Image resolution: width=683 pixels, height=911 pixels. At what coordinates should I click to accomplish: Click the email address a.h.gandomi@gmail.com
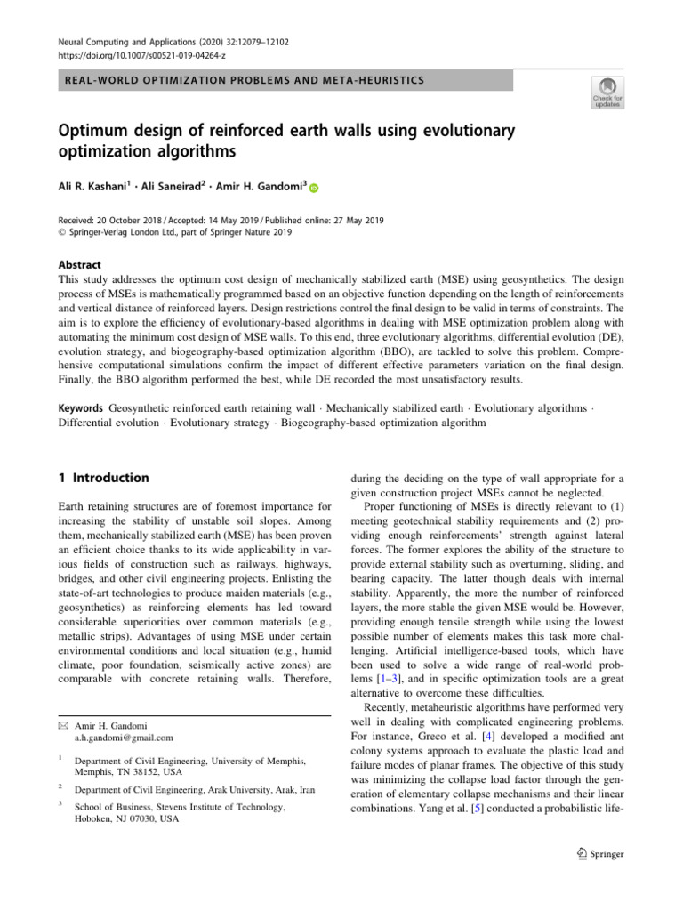(124, 738)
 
